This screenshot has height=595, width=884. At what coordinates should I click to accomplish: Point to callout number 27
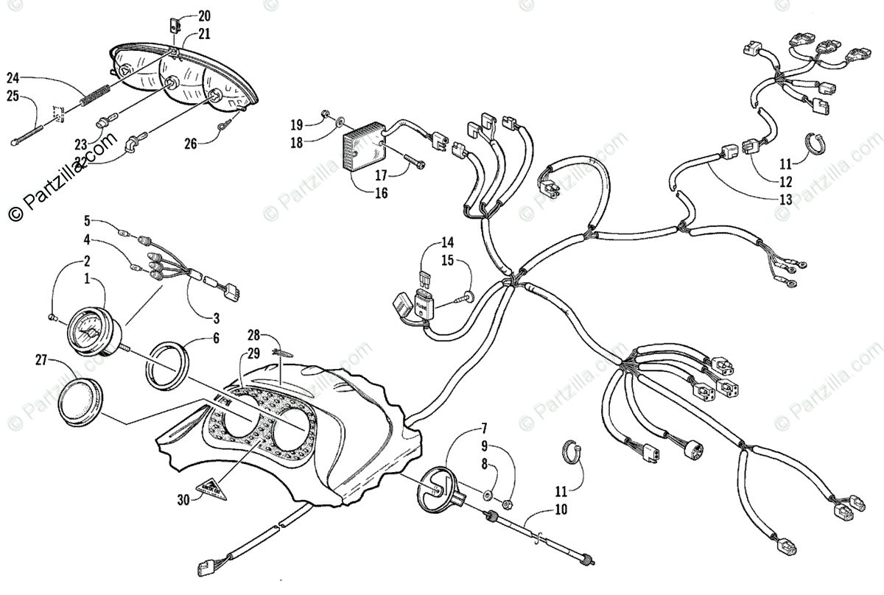(x=41, y=359)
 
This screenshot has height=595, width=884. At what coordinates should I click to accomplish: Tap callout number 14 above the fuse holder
(x=448, y=242)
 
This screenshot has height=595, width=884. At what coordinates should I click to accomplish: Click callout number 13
(x=785, y=200)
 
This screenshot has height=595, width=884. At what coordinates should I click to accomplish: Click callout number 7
(x=484, y=428)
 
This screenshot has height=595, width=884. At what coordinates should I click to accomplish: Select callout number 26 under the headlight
(x=191, y=144)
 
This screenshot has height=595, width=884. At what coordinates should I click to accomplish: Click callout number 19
(x=296, y=123)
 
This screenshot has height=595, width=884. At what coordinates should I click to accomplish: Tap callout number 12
(x=785, y=181)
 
